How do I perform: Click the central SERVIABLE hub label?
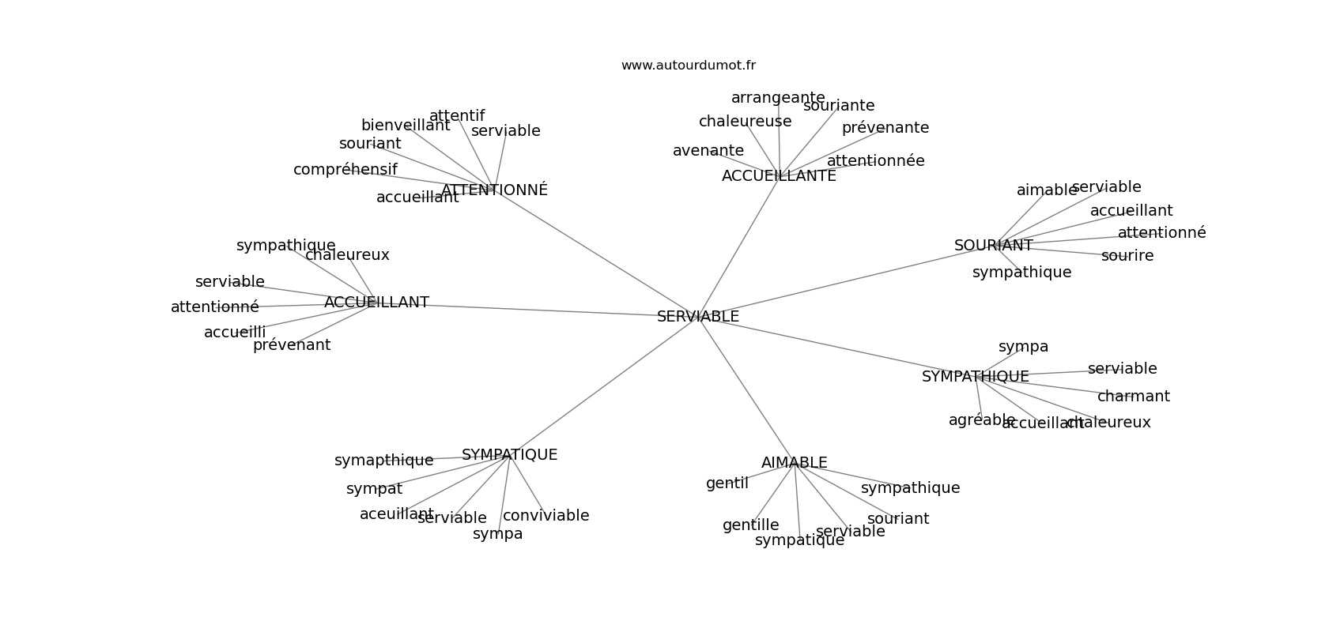[x=698, y=317]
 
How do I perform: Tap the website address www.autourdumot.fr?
[x=688, y=66]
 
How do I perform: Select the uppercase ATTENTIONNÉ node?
[x=494, y=190]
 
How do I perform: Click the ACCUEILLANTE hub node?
[x=779, y=176]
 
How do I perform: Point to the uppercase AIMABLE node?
[x=794, y=463]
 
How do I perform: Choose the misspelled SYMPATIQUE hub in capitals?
[x=509, y=455]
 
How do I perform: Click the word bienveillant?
[x=406, y=126]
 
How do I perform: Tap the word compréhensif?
[x=345, y=170]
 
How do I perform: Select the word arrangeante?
[x=778, y=98]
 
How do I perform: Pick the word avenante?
[x=708, y=151]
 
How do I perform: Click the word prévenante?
[x=885, y=128]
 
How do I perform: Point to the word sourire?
[x=1127, y=256]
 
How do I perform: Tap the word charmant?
[x=1133, y=397]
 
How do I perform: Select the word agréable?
[x=981, y=420]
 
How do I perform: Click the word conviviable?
[x=546, y=516]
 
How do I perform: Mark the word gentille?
[x=750, y=525]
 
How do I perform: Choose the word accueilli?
[x=235, y=333]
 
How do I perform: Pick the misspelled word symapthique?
[x=383, y=461]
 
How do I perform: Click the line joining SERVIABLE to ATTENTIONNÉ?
[x=596, y=253]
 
